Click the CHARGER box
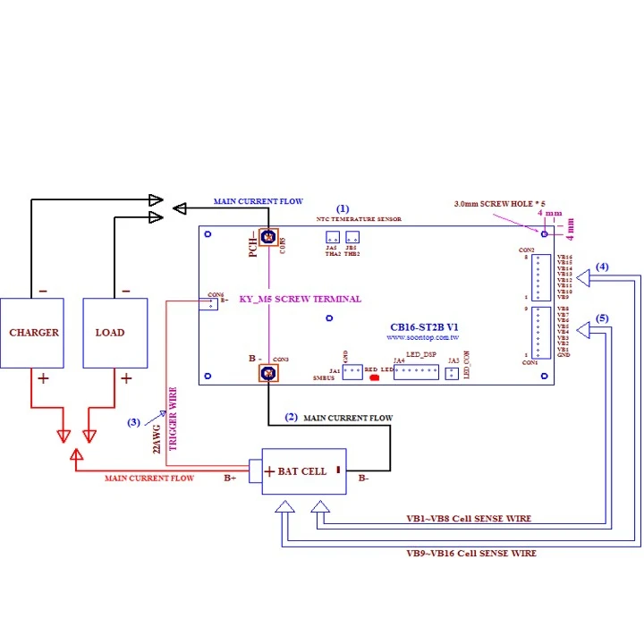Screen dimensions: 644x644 pyautogui.click(x=34, y=333)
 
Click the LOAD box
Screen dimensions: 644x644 pyautogui.click(x=114, y=333)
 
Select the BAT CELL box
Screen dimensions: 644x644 pyautogui.click(x=303, y=471)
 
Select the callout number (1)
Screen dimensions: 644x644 pyautogui.click(x=343, y=208)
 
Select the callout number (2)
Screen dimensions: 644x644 pyautogui.click(x=291, y=417)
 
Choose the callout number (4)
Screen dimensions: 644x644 pyautogui.click(x=603, y=267)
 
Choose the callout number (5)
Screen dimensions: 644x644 pyautogui.click(x=603, y=318)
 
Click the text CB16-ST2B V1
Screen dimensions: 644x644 pyautogui.click(x=425, y=327)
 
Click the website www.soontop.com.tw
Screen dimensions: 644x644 pyautogui.click(x=423, y=339)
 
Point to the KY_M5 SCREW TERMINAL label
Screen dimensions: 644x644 pyautogui.click(x=301, y=299)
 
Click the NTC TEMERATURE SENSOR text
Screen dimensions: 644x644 pyautogui.click(x=359, y=218)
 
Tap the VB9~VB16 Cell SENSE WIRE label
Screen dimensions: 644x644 pyautogui.click(x=471, y=554)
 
